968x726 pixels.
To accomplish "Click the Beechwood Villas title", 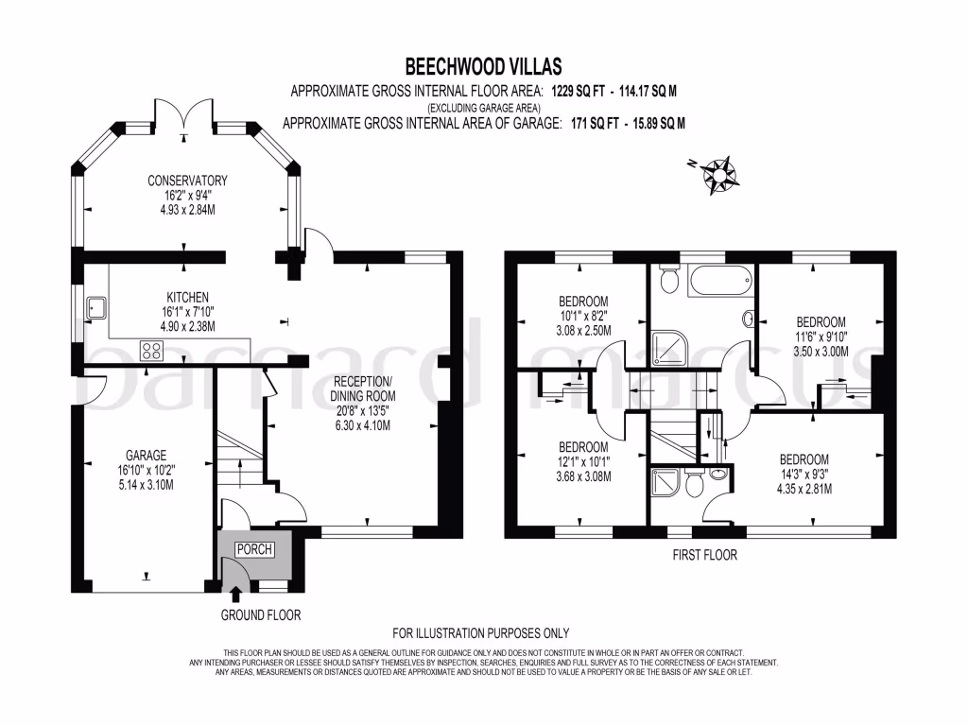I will pos(483,66).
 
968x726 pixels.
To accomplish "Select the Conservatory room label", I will pos(187,181).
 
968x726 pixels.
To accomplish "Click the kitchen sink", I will pos(95,306).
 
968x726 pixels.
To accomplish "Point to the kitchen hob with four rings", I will pos(150,351).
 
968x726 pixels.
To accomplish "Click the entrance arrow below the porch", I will pos(235,593).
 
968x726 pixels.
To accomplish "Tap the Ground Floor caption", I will pos(261,615).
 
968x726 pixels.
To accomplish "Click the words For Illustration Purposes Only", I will pos(481,633).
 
